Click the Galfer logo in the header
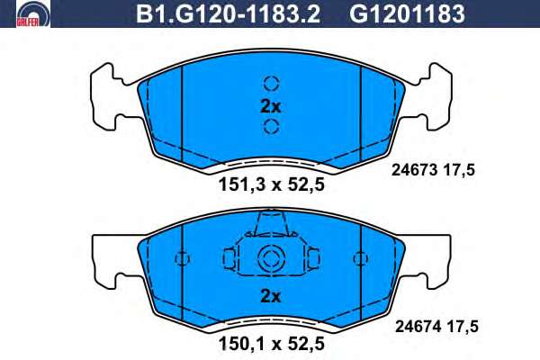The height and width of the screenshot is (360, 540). tap(33, 13)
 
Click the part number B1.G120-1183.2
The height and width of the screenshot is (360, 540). tap(228, 13)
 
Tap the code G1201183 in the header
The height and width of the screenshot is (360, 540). tap(407, 13)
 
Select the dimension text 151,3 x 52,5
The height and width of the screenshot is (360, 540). tap(272, 185)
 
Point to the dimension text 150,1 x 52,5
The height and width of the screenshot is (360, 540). tap(272, 344)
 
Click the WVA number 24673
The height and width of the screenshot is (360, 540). tap(414, 170)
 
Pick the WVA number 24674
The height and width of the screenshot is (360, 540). tap(418, 326)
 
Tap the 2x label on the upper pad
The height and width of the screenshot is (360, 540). tap(271, 107)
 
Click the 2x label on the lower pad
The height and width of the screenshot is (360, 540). tap(271, 296)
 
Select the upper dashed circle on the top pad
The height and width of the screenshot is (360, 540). tap(272, 83)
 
